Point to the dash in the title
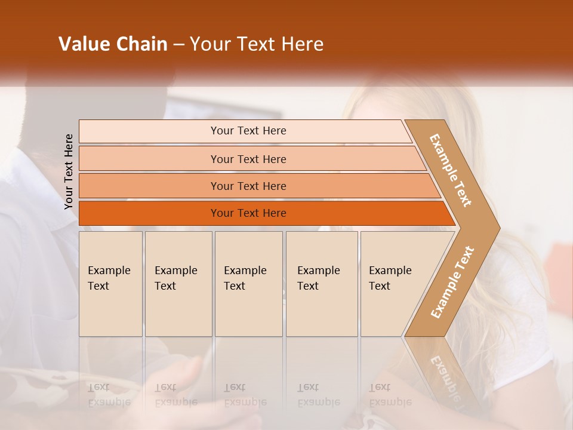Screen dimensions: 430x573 coord(178,45)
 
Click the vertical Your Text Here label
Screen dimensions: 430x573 coord(69,171)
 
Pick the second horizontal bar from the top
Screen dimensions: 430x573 coord(248,159)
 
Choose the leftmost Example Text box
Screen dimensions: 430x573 coord(110,284)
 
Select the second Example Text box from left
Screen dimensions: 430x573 coord(178,284)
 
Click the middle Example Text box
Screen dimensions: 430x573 coord(248,284)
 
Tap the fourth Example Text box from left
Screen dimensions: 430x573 coord(321,284)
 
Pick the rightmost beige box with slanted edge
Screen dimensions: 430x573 coord(394,284)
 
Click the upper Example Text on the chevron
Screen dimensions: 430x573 coord(451,170)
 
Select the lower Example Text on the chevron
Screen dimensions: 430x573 coord(452,282)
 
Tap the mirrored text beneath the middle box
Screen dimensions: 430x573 coord(245,395)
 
